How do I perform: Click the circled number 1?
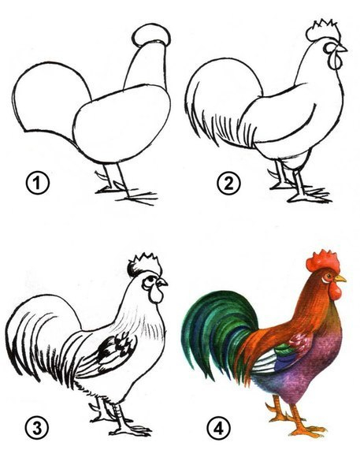(37, 183)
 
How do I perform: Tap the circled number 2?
(228, 183)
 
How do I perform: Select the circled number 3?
(37, 429)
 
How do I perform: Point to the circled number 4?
(218, 429)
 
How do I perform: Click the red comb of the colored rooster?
(322, 261)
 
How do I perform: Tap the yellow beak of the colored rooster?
(340, 278)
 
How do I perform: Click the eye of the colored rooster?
(328, 276)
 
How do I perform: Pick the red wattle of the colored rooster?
(335, 292)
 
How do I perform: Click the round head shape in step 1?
(151, 35)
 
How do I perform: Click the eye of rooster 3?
(150, 279)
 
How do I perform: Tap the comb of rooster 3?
(144, 265)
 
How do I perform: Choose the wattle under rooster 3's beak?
(156, 295)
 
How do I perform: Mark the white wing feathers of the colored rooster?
(265, 361)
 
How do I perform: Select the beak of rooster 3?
(162, 282)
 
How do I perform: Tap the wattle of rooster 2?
(335, 60)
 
